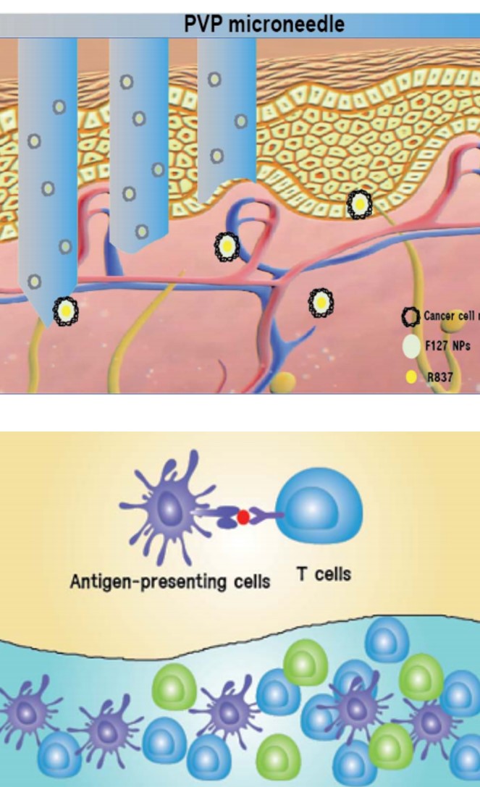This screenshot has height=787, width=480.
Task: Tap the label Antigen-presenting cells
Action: pyautogui.click(x=169, y=581)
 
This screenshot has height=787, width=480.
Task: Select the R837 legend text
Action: pyautogui.click(x=440, y=376)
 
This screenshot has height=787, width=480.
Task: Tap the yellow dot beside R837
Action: pyautogui.click(x=411, y=377)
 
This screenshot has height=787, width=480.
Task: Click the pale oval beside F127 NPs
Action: pyautogui.click(x=411, y=346)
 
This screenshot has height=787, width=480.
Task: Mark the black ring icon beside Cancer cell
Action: pyautogui.click(x=411, y=316)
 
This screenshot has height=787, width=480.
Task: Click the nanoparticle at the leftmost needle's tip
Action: pyautogui.click(x=66, y=311)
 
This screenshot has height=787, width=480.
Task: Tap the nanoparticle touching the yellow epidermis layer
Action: pyautogui.click(x=360, y=205)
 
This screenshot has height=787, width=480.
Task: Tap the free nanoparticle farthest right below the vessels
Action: pyautogui.click(x=321, y=303)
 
